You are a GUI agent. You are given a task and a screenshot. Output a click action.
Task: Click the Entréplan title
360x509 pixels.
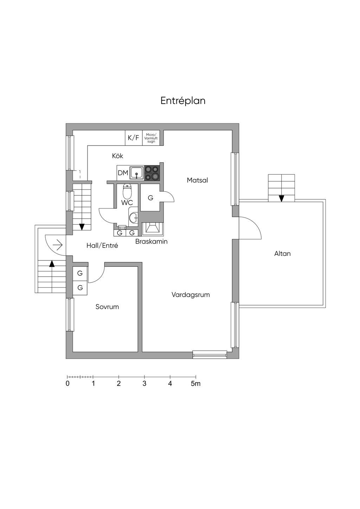pyautogui.click(x=183, y=101)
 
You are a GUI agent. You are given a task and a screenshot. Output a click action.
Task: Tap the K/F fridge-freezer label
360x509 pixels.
pyautogui.click(x=133, y=137)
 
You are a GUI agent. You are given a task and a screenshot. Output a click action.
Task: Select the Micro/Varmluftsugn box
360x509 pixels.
pyautogui.click(x=151, y=138)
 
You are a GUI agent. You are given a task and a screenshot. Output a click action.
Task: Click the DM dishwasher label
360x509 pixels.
pyautogui.click(x=123, y=173)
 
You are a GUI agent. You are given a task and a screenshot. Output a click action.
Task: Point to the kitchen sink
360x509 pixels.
pyautogui.click(x=137, y=173)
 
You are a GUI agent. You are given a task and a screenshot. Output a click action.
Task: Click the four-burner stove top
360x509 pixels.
pyautogui.click(x=152, y=173)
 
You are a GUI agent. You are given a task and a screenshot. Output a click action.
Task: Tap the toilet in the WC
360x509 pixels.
pyautogui.click(x=127, y=191)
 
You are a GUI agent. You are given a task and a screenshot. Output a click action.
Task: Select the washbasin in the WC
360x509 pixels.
pyautogui.click(x=133, y=218)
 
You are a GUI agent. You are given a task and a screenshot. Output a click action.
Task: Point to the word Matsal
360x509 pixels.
pyautogui.click(x=197, y=180)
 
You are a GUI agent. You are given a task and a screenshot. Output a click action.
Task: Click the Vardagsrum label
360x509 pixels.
pyautogui.click(x=191, y=295)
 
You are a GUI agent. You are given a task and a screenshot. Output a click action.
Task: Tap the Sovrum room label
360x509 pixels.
pyautogui.click(x=107, y=307)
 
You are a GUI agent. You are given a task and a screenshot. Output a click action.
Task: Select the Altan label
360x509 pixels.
pyautogui.click(x=282, y=253)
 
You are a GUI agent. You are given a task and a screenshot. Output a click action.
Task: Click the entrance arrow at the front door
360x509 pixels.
pyautogui.click(x=58, y=245)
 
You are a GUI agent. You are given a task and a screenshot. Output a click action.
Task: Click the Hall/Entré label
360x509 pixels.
pyautogui.click(x=102, y=245)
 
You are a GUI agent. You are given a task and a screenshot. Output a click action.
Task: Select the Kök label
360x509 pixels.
pyautogui.click(x=117, y=156)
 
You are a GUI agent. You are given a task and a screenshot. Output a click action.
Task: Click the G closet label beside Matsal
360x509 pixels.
pyautogui.click(x=150, y=198)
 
